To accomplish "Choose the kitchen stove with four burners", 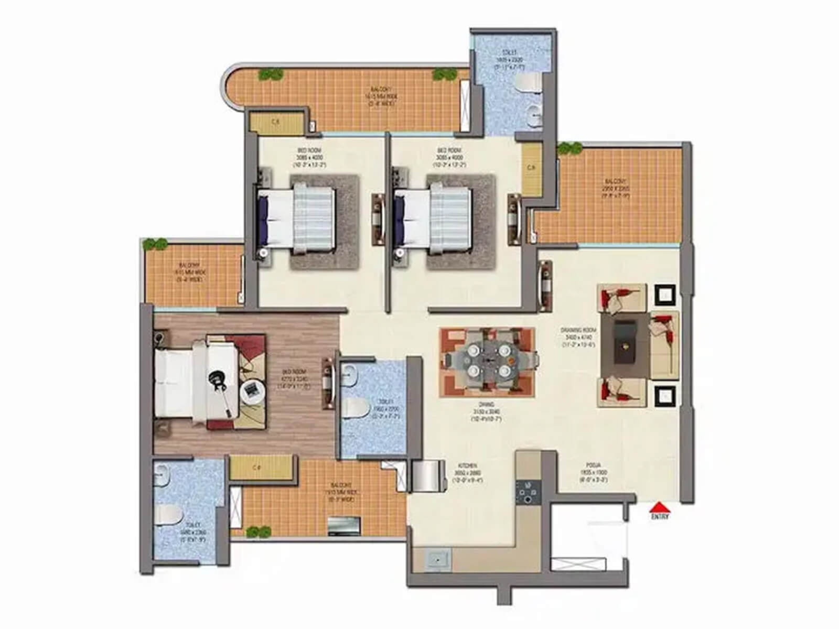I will (x=525, y=492).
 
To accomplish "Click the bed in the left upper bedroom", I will (x=297, y=217).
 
